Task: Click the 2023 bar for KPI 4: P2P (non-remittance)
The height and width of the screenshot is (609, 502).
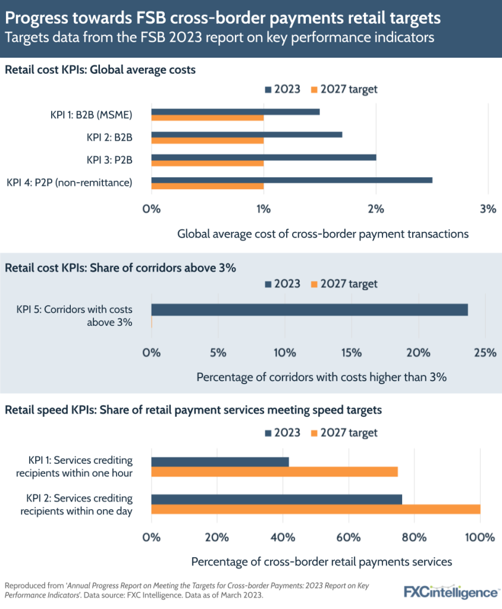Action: (291, 180)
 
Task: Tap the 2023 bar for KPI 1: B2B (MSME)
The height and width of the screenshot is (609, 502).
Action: (236, 112)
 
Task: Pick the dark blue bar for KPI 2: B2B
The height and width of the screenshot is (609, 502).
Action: (246, 134)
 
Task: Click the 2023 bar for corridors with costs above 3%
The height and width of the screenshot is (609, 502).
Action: (309, 310)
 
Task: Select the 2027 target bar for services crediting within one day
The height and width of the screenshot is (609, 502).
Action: (315, 509)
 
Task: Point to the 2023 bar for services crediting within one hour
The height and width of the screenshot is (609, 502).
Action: (220, 462)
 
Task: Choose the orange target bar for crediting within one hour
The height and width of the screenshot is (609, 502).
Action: (274, 472)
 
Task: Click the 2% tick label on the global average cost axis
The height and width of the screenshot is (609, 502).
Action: (376, 209)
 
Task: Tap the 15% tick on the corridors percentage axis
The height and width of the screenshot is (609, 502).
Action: (352, 352)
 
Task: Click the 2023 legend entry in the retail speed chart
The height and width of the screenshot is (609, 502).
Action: (283, 432)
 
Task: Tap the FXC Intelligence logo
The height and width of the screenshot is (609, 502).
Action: (451, 592)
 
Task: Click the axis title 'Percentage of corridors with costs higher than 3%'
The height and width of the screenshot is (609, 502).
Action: (321, 377)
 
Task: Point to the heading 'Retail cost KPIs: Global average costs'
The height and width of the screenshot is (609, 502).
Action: (101, 70)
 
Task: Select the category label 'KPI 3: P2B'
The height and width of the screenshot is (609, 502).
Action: (109, 160)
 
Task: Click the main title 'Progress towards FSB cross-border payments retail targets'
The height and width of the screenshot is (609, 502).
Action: (222, 18)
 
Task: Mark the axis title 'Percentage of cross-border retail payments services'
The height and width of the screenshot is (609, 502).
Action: (322, 561)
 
